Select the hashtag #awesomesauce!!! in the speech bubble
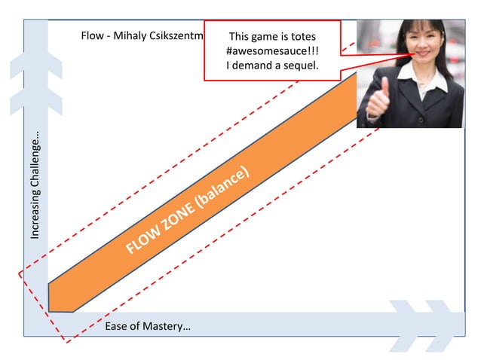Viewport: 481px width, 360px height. coord(272,50)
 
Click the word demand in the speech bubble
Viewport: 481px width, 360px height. coord(259,66)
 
